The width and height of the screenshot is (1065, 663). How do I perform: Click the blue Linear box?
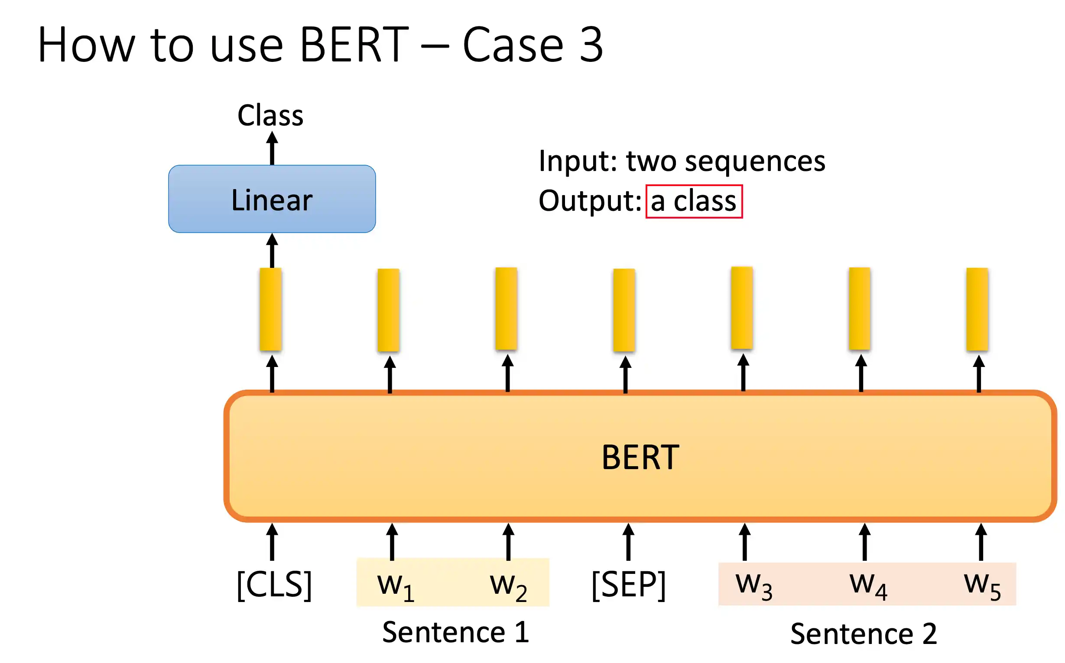(272, 199)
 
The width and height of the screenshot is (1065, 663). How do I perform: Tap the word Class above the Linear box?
(270, 115)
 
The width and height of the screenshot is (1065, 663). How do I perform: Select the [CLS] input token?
(274, 585)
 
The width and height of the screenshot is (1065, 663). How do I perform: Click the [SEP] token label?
(629, 585)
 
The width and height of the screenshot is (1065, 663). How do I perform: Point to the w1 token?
(396, 587)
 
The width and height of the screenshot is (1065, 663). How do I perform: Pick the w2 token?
(508, 587)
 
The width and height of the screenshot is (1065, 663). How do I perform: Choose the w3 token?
(754, 586)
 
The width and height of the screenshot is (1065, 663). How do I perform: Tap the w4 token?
(868, 586)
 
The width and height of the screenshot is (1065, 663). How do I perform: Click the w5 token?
(983, 586)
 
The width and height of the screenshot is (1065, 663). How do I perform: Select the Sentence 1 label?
(456, 632)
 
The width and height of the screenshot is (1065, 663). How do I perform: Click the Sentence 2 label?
(864, 634)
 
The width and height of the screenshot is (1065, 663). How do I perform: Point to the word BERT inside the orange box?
(640, 457)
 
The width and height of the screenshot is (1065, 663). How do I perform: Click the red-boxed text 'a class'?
(694, 201)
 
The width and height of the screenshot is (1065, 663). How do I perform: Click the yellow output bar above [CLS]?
(270, 309)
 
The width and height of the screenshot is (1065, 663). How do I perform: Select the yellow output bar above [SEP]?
(624, 310)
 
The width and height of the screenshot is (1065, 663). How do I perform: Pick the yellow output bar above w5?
(977, 309)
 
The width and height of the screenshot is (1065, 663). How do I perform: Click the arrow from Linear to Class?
(272, 148)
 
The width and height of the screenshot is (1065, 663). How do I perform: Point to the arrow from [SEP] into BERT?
(629, 542)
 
